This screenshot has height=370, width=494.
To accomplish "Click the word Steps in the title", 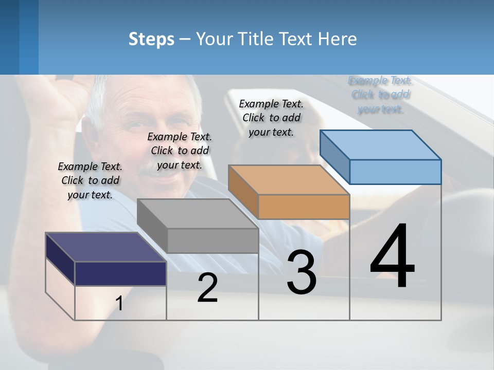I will pyautogui.click(x=151, y=39).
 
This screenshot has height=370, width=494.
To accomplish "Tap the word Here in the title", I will pyautogui.click(x=338, y=39).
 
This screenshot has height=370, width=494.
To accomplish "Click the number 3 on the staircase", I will pyautogui.click(x=302, y=272).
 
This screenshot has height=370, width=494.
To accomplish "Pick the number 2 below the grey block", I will pyautogui.click(x=207, y=288).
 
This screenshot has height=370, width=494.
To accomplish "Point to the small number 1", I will pyautogui.click(x=119, y=304).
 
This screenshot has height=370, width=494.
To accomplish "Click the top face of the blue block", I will pyautogui.click(x=380, y=144).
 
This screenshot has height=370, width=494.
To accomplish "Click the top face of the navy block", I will pyautogui.click(x=105, y=247).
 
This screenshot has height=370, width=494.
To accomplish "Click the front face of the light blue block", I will pyautogui.click(x=395, y=172).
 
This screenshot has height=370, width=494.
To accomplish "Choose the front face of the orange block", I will pyautogui.click(x=304, y=207).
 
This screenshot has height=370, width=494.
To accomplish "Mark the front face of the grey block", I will pyautogui.click(x=213, y=240).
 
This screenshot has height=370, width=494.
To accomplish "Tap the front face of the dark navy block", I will pyautogui.click(x=120, y=273).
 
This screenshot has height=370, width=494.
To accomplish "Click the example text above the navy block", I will pyautogui.click(x=90, y=180).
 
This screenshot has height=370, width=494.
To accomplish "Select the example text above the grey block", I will pyautogui.click(x=180, y=151).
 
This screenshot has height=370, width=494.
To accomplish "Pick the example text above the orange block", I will pyautogui.click(x=271, y=118).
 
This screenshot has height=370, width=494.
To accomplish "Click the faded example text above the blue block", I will pyautogui.click(x=381, y=95).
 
